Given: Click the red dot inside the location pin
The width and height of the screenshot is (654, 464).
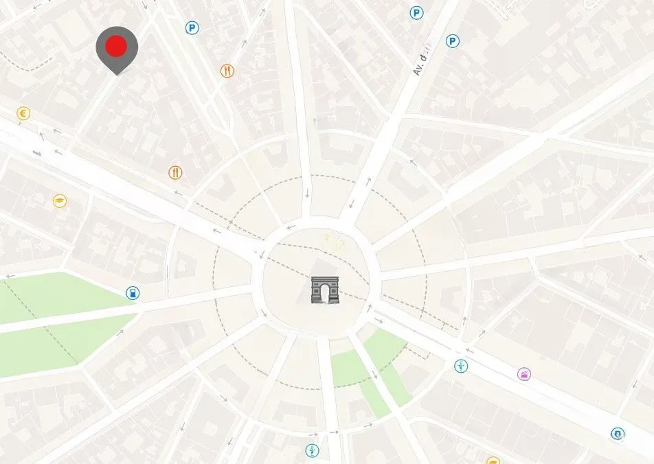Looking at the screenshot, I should [x=117, y=47].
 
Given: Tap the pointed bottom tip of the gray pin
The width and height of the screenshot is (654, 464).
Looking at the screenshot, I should [x=117, y=74].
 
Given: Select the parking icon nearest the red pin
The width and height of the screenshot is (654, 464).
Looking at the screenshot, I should [x=192, y=27].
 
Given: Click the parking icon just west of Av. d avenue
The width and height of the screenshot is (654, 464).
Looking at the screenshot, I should [x=416, y=12].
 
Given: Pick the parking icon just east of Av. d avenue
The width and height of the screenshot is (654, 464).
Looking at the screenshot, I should [x=452, y=42].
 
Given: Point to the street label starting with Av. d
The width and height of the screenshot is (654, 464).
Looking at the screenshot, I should [x=421, y=60].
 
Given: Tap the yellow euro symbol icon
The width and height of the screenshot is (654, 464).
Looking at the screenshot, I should [x=23, y=113].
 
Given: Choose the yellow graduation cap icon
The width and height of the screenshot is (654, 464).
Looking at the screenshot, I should [x=60, y=201].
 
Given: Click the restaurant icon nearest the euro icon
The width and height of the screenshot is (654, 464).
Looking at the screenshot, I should [x=176, y=172].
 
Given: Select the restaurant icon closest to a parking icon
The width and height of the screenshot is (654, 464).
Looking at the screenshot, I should [x=227, y=71].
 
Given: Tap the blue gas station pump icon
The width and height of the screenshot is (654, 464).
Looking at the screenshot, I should [x=132, y=293].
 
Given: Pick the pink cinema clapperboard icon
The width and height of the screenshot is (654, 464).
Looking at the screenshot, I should [x=524, y=374].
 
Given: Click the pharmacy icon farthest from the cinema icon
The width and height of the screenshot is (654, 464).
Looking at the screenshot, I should [x=312, y=451].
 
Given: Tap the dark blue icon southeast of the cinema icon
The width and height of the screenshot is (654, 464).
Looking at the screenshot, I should [x=617, y=434].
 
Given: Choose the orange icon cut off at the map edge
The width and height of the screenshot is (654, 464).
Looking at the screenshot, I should [x=493, y=461].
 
